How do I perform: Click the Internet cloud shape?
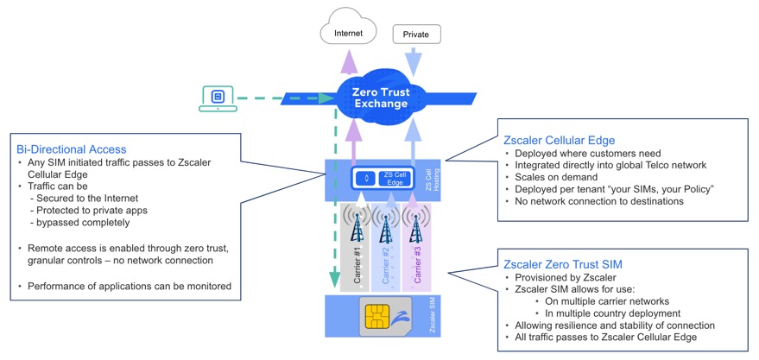(x=349, y=33)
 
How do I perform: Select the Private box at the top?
(x=416, y=35)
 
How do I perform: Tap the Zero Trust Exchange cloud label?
(x=381, y=97)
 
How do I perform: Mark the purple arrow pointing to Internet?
(x=351, y=62)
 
